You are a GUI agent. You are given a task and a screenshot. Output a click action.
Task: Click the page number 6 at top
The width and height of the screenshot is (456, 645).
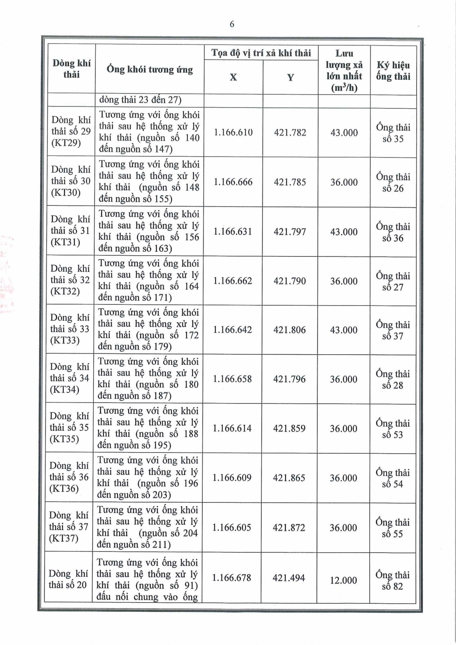(x=232, y=24)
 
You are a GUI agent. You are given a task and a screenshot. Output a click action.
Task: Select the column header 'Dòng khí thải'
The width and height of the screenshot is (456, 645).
(x=71, y=69)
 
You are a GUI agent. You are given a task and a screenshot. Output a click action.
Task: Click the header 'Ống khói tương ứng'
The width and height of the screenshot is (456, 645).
(x=149, y=69)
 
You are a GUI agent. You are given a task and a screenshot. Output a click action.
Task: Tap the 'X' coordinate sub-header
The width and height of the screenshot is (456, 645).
(x=233, y=77)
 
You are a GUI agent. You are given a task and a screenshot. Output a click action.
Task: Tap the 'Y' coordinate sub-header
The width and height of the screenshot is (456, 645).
(x=290, y=77)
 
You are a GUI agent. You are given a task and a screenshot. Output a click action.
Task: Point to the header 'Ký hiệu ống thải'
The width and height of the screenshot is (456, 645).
(x=393, y=71)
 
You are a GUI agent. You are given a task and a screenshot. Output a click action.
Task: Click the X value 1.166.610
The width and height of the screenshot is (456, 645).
(x=233, y=132)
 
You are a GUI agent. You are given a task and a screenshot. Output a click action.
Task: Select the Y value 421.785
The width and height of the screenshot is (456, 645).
(x=290, y=182)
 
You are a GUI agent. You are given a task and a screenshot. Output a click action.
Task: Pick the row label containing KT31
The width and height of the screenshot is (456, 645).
(x=70, y=231)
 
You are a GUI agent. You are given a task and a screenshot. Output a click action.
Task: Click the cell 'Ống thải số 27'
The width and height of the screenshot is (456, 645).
(x=393, y=281)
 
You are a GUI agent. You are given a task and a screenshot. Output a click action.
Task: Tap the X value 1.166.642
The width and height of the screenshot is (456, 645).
(x=233, y=330)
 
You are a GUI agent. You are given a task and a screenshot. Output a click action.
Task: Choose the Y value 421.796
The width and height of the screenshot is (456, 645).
(x=289, y=379)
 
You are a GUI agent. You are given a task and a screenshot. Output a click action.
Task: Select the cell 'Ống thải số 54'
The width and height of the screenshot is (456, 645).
(x=392, y=478)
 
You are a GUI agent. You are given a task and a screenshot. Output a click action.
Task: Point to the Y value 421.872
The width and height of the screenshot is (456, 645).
(x=289, y=528)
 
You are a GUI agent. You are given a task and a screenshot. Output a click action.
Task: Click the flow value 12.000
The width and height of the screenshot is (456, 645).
(x=343, y=580)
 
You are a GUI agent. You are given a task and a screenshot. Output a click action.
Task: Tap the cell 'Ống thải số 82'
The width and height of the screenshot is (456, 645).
(x=392, y=580)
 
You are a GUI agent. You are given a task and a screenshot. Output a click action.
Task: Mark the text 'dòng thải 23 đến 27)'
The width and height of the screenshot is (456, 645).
(x=140, y=100)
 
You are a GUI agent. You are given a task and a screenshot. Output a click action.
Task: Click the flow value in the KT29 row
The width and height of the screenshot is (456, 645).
(x=344, y=133)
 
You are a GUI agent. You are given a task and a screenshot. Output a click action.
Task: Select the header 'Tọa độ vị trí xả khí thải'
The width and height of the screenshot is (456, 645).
(x=261, y=53)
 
